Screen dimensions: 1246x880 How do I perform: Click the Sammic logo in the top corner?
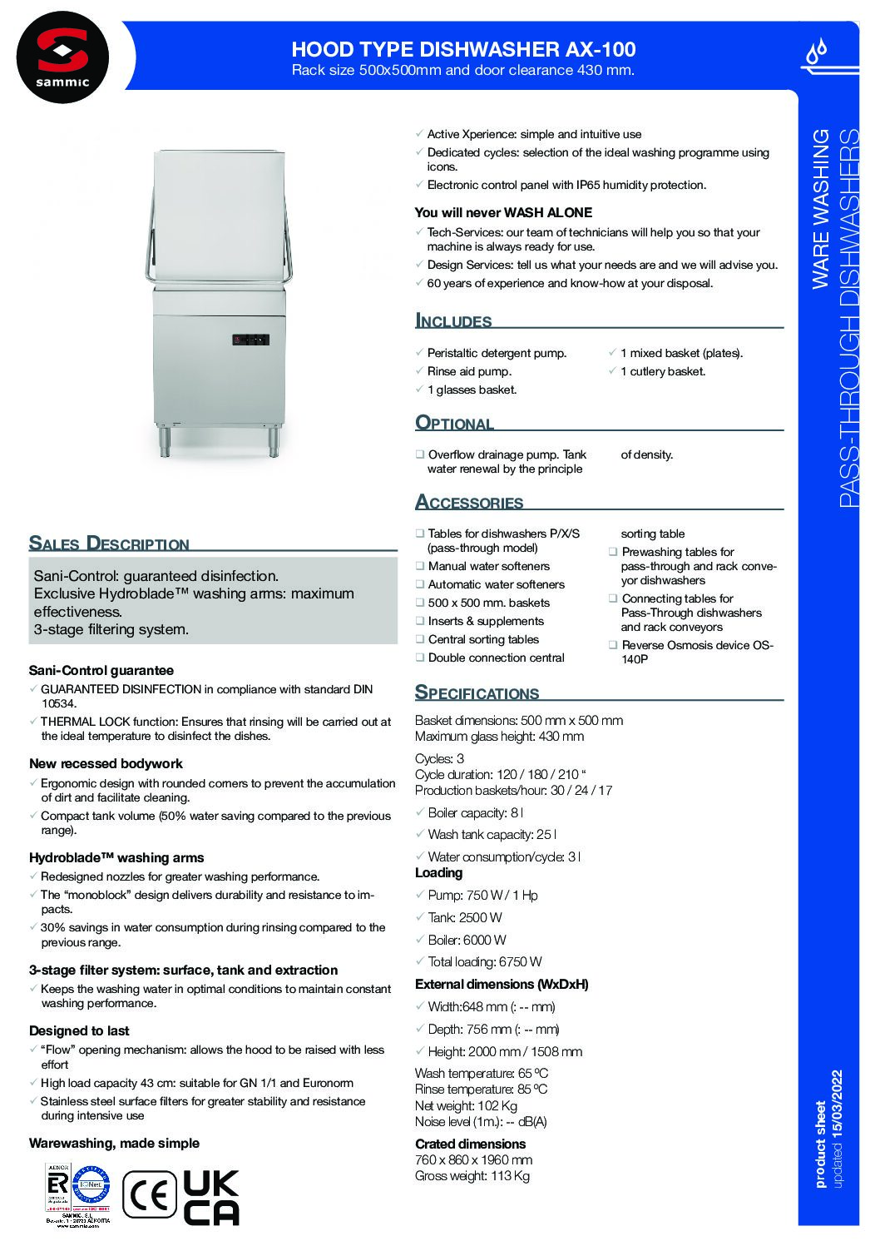click(62, 57)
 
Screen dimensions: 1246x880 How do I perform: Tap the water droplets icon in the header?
click(817, 52)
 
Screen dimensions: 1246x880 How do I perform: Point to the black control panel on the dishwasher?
click(250, 340)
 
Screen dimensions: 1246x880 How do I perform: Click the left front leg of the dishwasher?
click(165, 440)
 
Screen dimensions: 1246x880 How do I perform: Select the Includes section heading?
click(453, 321)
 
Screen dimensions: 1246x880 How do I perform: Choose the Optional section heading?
click(455, 423)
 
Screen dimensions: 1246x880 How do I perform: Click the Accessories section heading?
click(469, 503)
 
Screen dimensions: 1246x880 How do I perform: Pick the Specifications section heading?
click(477, 692)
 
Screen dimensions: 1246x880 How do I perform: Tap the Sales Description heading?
click(109, 544)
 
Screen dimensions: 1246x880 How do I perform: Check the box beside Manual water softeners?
click(420, 566)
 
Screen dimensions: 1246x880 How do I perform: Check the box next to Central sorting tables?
click(420, 639)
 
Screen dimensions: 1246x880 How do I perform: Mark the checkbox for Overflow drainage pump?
click(420, 454)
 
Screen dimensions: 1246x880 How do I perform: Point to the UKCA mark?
click(211, 1198)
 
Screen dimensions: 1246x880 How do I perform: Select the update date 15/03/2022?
click(837, 1104)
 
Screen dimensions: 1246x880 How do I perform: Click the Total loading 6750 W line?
click(484, 962)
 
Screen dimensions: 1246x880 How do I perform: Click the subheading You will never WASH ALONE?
click(503, 213)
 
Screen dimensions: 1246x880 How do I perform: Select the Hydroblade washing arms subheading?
click(116, 858)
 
